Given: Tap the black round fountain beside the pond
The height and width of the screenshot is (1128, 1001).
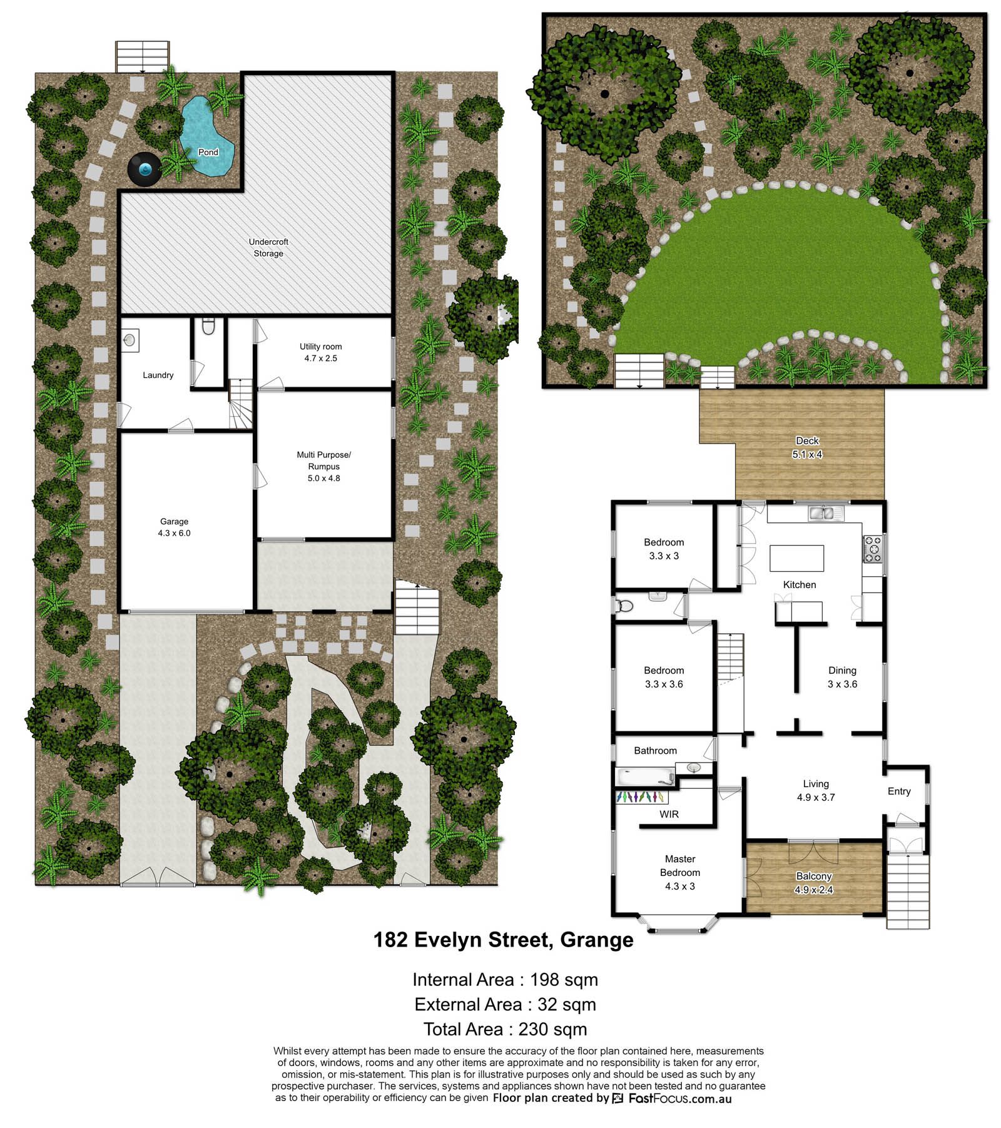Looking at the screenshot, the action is pyautogui.click(x=145, y=169).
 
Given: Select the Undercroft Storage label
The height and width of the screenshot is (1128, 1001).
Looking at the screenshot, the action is pyautogui.click(x=268, y=248).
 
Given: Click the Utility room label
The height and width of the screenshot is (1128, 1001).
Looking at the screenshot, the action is pyautogui.click(x=320, y=352).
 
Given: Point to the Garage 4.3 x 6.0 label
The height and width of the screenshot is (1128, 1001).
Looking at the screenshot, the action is pyautogui.click(x=174, y=527).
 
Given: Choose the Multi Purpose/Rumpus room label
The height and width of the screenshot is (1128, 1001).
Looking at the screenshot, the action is pyautogui.click(x=323, y=466).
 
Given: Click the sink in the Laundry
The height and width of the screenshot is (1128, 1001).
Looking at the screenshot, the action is pyautogui.click(x=130, y=340).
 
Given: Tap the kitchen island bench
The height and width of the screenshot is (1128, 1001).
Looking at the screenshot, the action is pyautogui.click(x=796, y=558).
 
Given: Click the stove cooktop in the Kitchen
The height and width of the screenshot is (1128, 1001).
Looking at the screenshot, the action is pyautogui.click(x=872, y=549).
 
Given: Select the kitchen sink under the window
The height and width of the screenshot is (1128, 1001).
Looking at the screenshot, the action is pyautogui.click(x=826, y=514).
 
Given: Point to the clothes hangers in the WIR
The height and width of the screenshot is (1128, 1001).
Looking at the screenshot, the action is pyautogui.click(x=641, y=797).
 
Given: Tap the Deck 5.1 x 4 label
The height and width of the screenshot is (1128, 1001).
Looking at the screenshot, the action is pyautogui.click(x=807, y=447).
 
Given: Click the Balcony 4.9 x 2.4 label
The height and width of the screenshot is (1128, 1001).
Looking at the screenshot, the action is pyautogui.click(x=813, y=883).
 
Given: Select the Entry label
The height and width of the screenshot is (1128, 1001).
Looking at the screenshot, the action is pyautogui.click(x=899, y=791).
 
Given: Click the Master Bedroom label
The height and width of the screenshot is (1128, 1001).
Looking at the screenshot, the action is pyautogui.click(x=680, y=872).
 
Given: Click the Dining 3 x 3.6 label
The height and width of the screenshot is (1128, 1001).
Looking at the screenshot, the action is pyautogui.click(x=842, y=677).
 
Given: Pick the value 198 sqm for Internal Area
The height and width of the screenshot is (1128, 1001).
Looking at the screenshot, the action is pyautogui.click(x=564, y=979).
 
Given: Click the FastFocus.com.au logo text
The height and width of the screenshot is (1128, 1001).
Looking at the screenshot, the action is pyautogui.click(x=679, y=1098).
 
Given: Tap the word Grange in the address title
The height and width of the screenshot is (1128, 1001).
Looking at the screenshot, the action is pyautogui.click(x=596, y=940).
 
